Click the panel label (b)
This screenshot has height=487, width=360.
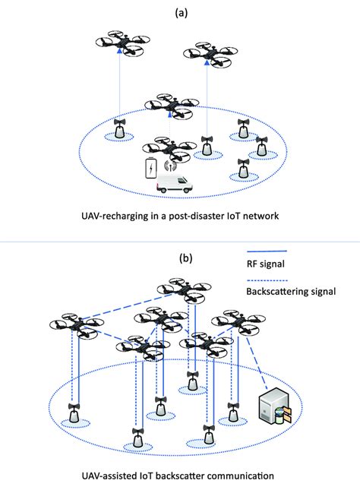pos(186,258)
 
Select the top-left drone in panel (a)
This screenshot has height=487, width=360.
pos(120,46)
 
